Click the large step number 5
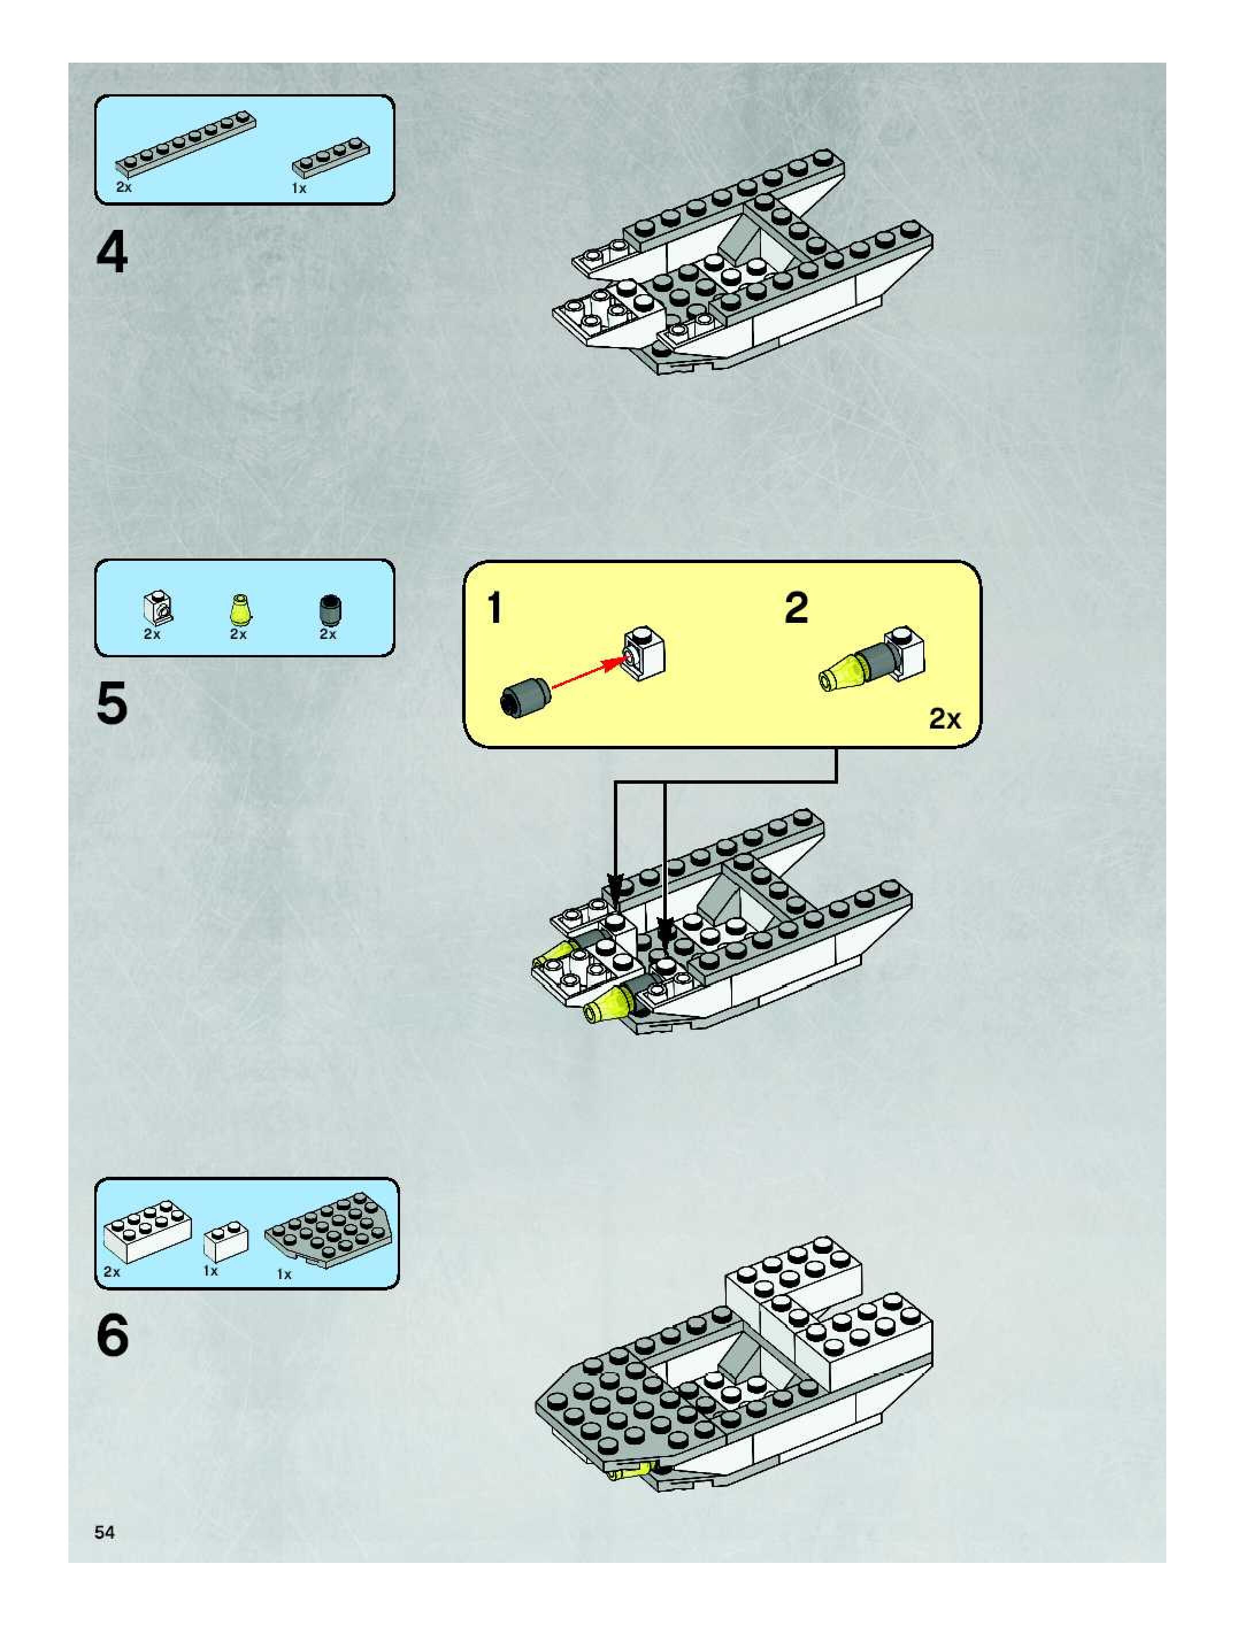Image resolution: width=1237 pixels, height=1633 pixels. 112,703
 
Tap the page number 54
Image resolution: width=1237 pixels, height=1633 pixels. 104,1532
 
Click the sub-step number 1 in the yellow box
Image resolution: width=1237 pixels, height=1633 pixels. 495,609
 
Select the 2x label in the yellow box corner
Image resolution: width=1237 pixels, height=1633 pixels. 944,718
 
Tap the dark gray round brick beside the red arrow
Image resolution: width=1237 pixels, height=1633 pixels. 524,696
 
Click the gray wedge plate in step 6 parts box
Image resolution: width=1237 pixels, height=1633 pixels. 329,1230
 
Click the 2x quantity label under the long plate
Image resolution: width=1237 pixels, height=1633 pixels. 124,187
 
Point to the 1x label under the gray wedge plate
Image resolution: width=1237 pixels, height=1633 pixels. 283,1274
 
